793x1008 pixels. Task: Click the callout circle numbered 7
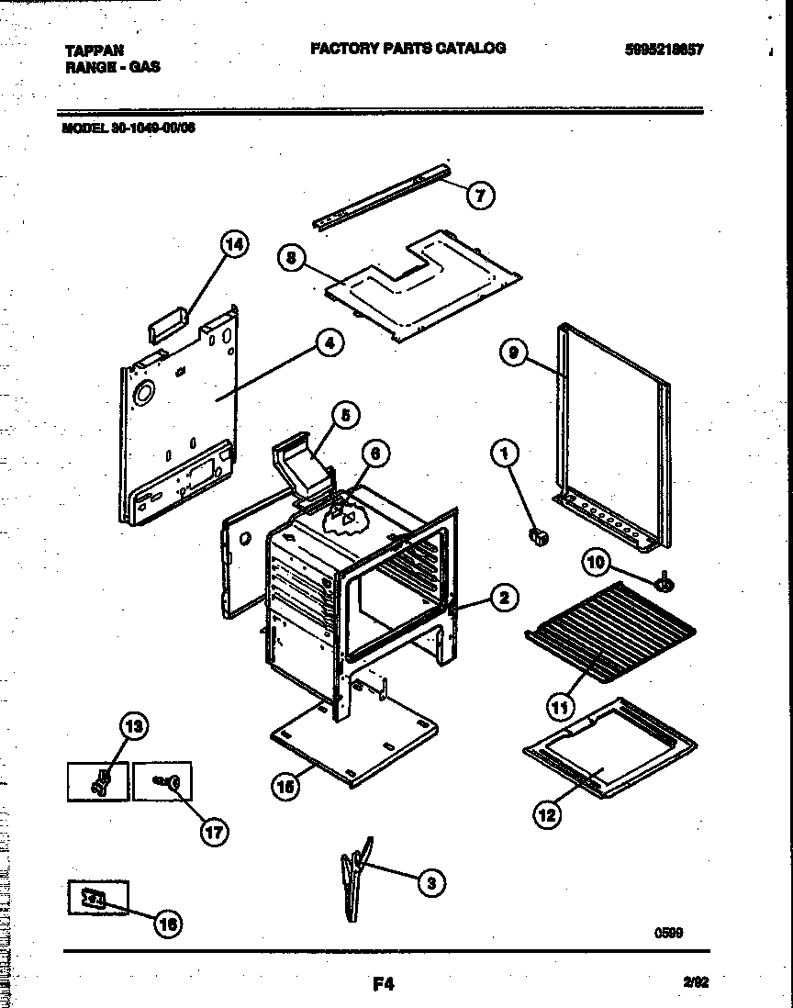tap(479, 195)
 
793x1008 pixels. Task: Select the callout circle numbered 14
tap(235, 245)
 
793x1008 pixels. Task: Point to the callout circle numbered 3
tap(430, 883)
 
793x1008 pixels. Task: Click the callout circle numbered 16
tap(167, 924)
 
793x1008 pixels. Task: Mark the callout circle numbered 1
tap(504, 452)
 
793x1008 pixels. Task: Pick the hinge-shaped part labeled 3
tap(356, 872)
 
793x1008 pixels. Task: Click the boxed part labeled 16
tap(97, 898)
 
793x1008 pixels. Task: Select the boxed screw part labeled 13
tap(97, 781)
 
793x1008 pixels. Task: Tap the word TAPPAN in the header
tap(95, 50)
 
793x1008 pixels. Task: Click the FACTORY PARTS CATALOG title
tap(408, 48)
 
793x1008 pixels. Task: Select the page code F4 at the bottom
tap(383, 984)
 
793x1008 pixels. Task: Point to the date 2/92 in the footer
tap(696, 980)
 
